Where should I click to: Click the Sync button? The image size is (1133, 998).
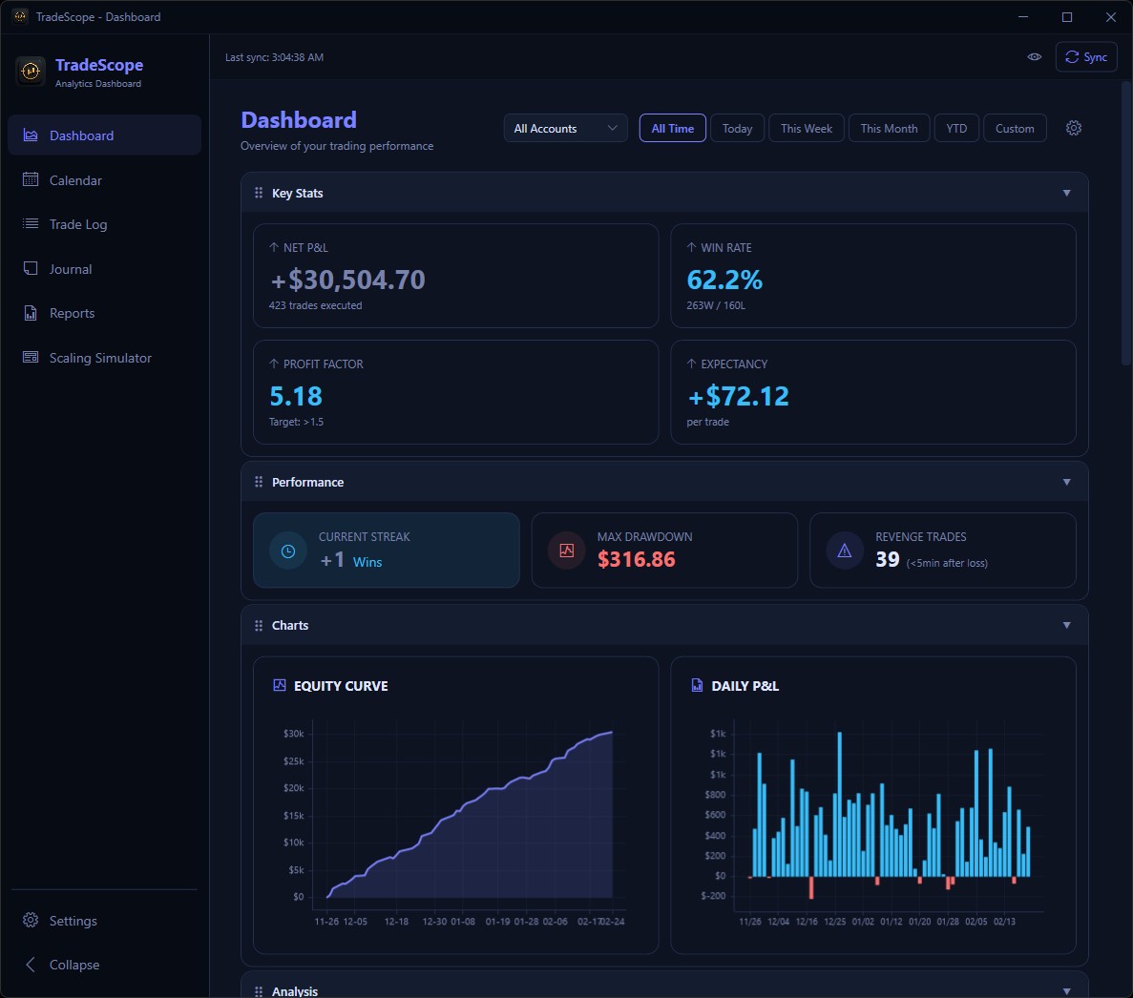tap(1086, 57)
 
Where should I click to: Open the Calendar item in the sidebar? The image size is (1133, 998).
tap(75, 180)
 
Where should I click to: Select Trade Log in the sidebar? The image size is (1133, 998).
tap(77, 224)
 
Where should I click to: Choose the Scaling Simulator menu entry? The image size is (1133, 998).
tap(100, 358)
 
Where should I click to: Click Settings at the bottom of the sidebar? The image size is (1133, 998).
tap(73, 921)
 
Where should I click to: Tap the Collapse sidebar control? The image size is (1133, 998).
tap(73, 965)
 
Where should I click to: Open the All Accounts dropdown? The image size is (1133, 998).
tap(565, 129)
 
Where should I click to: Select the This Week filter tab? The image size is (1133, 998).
tap(806, 129)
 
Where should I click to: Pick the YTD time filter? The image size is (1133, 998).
tap(956, 129)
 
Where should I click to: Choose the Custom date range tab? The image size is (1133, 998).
tap(1015, 129)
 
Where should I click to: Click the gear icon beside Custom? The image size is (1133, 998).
tap(1074, 128)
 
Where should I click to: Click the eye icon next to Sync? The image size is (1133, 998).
tap(1034, 57)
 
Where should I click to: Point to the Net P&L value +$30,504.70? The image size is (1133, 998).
tap(347, 280)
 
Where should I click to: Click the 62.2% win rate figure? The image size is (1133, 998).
tap(724, 280)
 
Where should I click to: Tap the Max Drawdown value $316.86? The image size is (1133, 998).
tap(636, 559)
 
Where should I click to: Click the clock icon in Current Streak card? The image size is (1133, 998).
tap(288, 551)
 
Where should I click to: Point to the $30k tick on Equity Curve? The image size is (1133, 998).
tap(294, 734)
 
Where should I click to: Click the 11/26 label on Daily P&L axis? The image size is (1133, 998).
tap(750, 922)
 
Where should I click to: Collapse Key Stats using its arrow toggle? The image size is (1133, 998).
tap(1066, 193)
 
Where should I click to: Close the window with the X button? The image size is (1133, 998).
tap(1111, 17)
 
